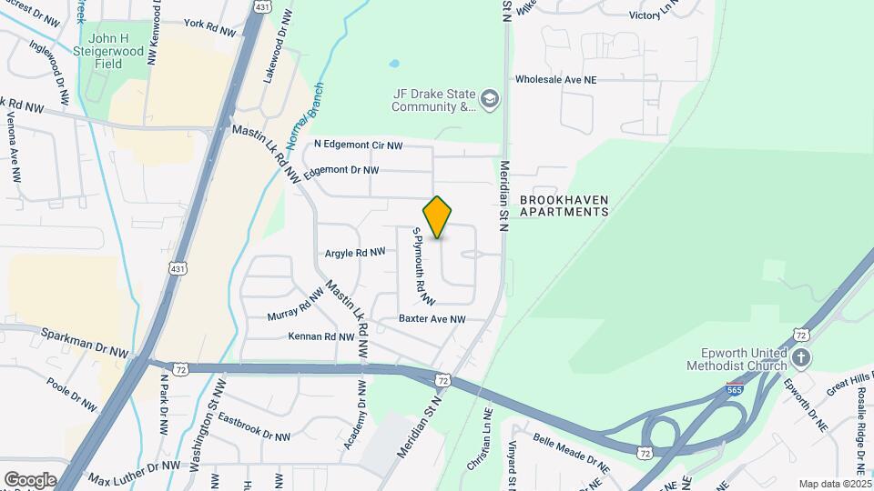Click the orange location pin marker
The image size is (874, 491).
click(x=438, y=217)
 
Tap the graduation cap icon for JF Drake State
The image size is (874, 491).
click(x=491, y=98)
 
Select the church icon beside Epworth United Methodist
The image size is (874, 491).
click(x=801, y=357)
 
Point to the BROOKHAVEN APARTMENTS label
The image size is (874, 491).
click(x=564, y=205)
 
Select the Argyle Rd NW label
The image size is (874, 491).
click(x=355, y=252)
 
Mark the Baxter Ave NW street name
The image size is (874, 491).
click(x=432, y=319)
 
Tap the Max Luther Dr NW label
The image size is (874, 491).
click(x=135, y=472)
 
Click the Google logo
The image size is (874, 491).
click(x=30, y=479)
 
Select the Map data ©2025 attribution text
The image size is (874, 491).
click(x=834, y=484)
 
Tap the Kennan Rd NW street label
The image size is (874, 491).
click(x=320, y=336)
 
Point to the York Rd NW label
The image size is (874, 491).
click(x=209, y=27)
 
